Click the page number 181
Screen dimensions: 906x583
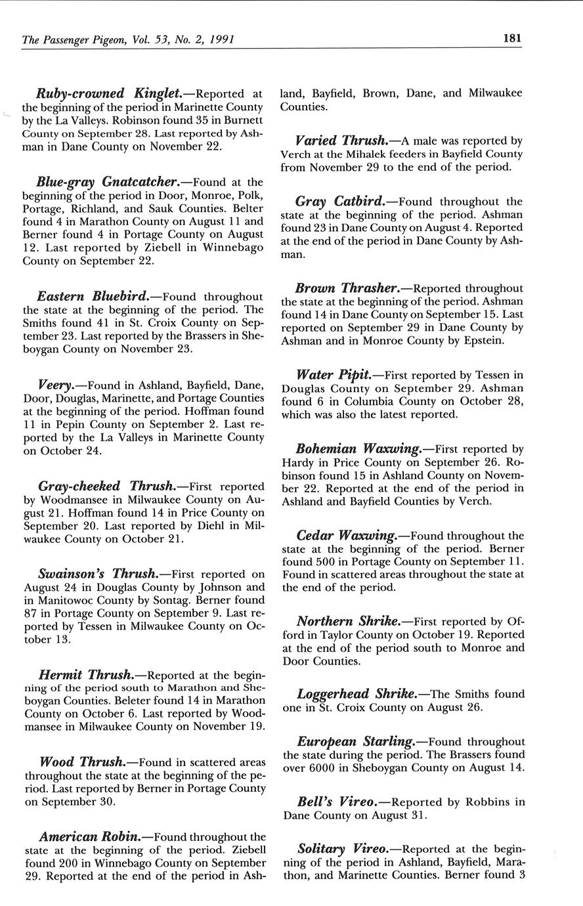click(x=512, y=38)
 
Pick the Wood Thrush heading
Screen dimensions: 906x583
click(x=82, y=762)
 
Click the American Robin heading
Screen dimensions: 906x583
click(x=89, y=837)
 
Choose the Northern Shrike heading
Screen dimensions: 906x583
click(x=348, y=621)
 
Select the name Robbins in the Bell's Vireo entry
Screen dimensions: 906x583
click(x=486, y=802)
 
